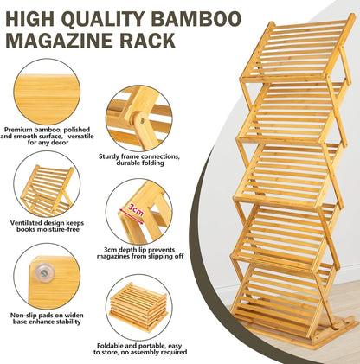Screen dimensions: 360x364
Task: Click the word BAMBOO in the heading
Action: coord(196,19)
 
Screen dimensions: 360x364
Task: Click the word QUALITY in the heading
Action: coord(102,19)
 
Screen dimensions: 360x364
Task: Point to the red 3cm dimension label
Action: coord(135,211)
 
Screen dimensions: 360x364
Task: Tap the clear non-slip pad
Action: coord(44,272)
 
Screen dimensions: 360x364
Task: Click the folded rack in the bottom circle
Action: coord(138,308)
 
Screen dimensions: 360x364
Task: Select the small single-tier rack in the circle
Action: coord(47,190)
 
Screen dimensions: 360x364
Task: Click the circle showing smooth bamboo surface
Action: coord(47,92)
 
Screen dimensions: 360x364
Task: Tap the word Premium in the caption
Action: coord(18,130)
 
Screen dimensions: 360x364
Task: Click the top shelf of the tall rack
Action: coord(297,51)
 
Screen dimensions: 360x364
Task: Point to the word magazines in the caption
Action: coord(113,256)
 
